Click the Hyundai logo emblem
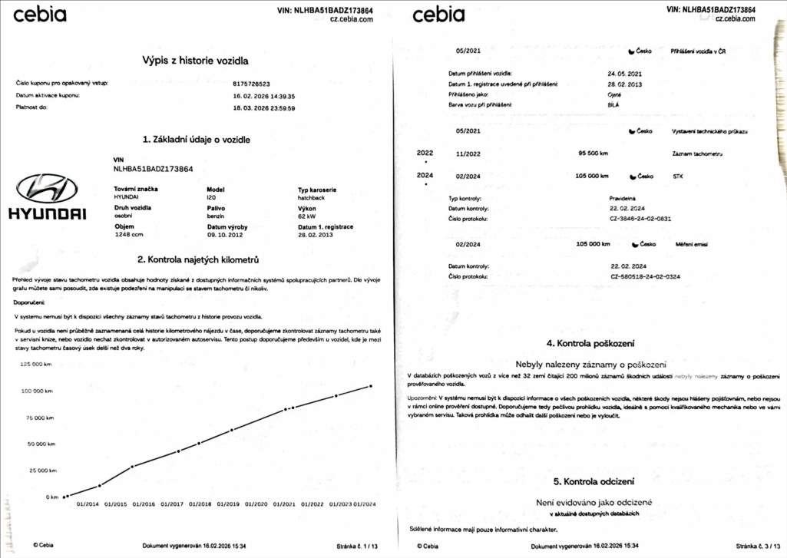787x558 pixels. click(47, 188)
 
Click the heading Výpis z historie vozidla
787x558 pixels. click(195, 60)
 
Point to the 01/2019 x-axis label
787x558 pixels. click(228, 504)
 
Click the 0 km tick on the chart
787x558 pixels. click(51, 497)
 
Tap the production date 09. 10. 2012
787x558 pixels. click(227, 236)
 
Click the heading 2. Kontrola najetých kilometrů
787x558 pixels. click(197, 259)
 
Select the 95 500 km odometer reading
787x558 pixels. click(592, 154)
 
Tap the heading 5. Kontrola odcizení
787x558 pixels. click(594, 481)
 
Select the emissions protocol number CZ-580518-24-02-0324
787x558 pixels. click(646, 276)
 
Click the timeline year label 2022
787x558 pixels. click(425, 153)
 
